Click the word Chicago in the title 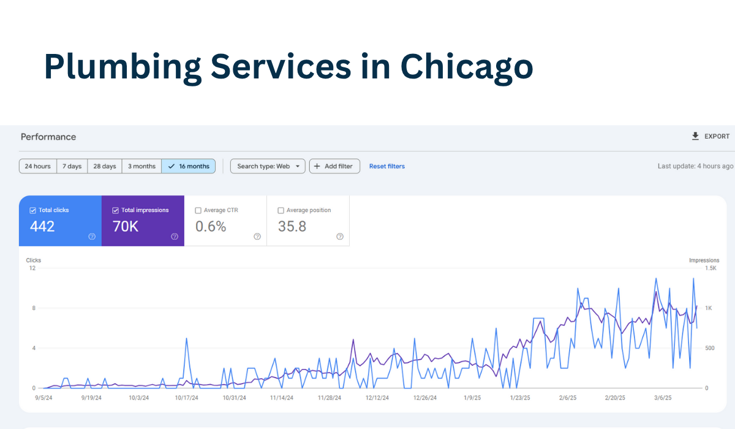pyautogui.click(x=467, y=66)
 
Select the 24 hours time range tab pyautogui.click(x=38, y=166)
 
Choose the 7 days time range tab pyautogui.click(x=72, y=166)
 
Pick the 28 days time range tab pyautogui.click(x=105, y=166)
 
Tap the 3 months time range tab pyautogui.click(x=141, y=166)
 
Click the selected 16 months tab pyautogui.click(x=189, y=166)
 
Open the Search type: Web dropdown pyautogui.click(x=268, y=166)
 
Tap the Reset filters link pyautogui.click(x=387, y=166)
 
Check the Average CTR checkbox pyautogui.click(x=198, y=210)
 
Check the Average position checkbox pyautogui.click(x=281, y=210)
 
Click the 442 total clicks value pyautogui.click(x=42, y=226)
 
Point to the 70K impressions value pyautogui.click(x=126, y=226)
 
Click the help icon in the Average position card pyautogui.click(x=340, y=237)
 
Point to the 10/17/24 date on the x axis pyautogui.click(x=186, y=398)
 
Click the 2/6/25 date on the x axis pyautogui.click(x=567, y=398)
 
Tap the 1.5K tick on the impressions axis pyautogui.click(x=710, y=268)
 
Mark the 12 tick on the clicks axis pyautogui.click(x=32, y=268)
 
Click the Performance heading pyautogui.click(x=48, y=137)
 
